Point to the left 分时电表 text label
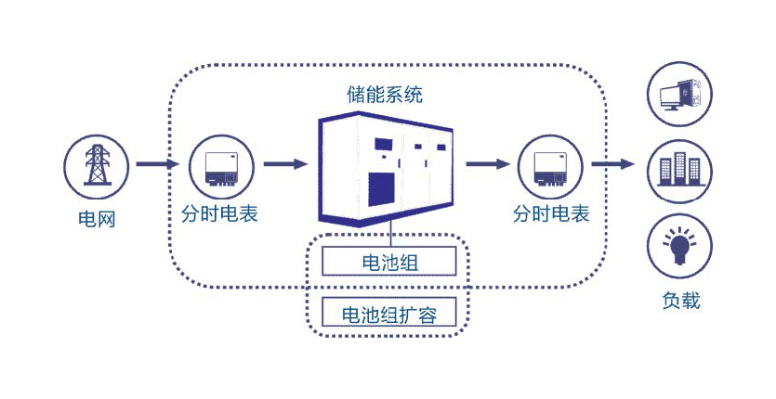[220, 214]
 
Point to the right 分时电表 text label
[551, 214]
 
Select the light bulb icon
[679, 244]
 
